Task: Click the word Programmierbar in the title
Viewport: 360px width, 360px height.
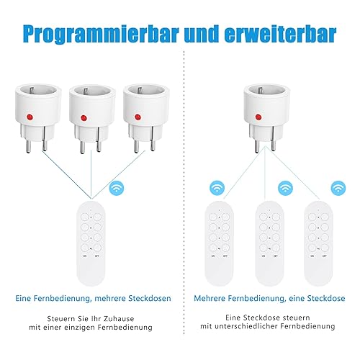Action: click(102, 35)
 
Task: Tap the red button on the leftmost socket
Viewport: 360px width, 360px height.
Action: click(30, 117)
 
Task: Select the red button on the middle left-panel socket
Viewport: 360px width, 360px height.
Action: click(84, 118)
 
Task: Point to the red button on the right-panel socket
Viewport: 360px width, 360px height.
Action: click(258, 117)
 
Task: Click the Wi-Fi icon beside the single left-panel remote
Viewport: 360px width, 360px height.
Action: click(117, 189)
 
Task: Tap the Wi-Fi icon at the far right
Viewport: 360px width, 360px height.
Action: click(338, 188)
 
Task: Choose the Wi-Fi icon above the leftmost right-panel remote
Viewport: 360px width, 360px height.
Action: click(217, 188)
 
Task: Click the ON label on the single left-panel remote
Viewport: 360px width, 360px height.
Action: click(85, 256)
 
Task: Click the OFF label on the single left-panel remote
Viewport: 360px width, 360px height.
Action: click(97, 256)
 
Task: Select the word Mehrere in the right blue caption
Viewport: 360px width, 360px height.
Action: click(210, 298)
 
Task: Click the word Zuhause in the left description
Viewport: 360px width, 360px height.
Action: click(119, 319)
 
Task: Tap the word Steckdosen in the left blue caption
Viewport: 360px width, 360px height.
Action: click(150, 298)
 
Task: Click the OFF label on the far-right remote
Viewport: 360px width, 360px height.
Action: click(325, 256)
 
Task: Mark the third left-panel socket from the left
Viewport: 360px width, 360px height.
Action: click(145, 117)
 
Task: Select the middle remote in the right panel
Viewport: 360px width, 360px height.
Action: click(269, 243)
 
